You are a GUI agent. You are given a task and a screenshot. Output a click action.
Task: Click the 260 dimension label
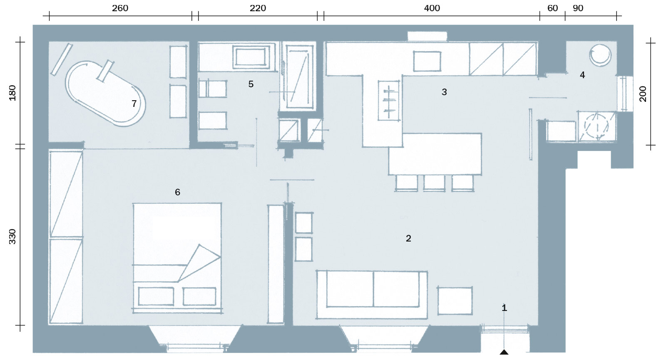[x=120, y=8]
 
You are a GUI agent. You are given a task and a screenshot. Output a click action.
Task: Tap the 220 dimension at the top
[x=258, y=8]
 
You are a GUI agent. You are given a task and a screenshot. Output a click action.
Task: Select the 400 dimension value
[x=432, y=8]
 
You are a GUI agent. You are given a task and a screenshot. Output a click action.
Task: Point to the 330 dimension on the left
[x=12, y=237]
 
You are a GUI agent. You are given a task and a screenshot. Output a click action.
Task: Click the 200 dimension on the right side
[x=643, y=94]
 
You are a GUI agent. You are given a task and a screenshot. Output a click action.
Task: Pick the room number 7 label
[x=134, y=104]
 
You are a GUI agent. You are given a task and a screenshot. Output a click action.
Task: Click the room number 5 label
[x=251, y=84]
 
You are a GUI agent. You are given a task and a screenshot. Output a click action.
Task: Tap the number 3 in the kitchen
[x=444, y=92]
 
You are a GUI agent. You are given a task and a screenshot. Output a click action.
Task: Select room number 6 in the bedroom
[x=177, y=192]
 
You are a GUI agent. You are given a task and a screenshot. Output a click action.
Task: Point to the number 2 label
[x=408, y=238]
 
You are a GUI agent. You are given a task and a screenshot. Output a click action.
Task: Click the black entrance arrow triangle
[x=504, y=352]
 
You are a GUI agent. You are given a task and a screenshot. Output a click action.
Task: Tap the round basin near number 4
[x=600, y=55]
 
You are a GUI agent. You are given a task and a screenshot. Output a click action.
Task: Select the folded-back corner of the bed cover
[x=199, y=263]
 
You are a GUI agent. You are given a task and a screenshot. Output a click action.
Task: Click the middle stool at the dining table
[x=435, y=182]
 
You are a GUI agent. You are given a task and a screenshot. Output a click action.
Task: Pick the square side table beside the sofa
[x=455, y=300]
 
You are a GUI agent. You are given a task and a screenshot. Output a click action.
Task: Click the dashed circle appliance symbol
[x=596, y=126]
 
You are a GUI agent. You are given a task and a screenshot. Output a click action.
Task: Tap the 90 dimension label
[x=578, y=8]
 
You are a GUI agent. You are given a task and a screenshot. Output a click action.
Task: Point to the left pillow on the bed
[x=156, y=296]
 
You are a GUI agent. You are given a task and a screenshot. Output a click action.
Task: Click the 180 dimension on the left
[x=12, y=93]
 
